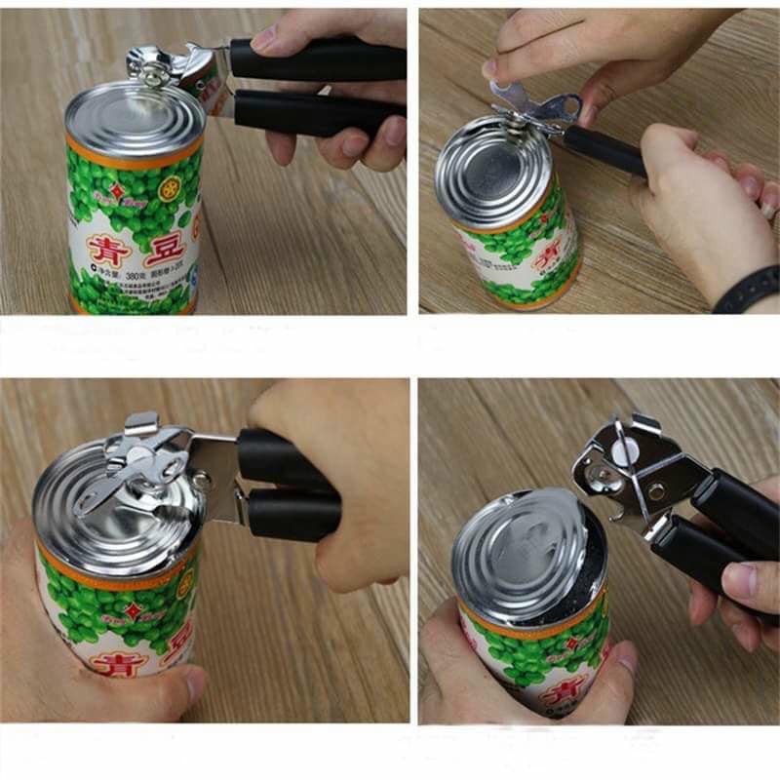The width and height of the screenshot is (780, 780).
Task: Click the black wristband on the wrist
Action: [x=746, y=291]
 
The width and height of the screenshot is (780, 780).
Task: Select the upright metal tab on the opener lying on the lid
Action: [x=141, y=424]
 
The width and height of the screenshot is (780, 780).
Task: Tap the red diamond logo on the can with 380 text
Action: [x=116, y=191]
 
